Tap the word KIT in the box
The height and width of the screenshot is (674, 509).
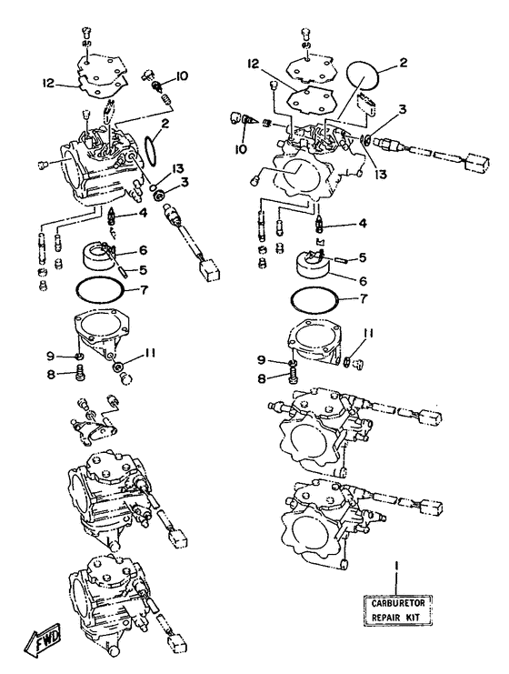tap(411, 618)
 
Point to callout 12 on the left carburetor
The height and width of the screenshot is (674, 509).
tap(49, 83)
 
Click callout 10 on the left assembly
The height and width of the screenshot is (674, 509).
tap(181, 76)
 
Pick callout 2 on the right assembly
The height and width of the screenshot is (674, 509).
tap(403, 63)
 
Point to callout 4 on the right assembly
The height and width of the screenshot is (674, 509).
tap(362, 224)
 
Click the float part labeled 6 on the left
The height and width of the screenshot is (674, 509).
tap(96, 257)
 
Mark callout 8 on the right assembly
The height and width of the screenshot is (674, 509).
tap(262, 378)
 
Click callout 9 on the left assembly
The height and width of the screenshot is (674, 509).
tap(52, 356)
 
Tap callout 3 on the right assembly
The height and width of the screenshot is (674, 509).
tap(402, 110)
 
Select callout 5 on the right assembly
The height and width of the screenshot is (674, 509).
tap(362, 257)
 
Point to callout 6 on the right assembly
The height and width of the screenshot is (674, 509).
tap(363, 281)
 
